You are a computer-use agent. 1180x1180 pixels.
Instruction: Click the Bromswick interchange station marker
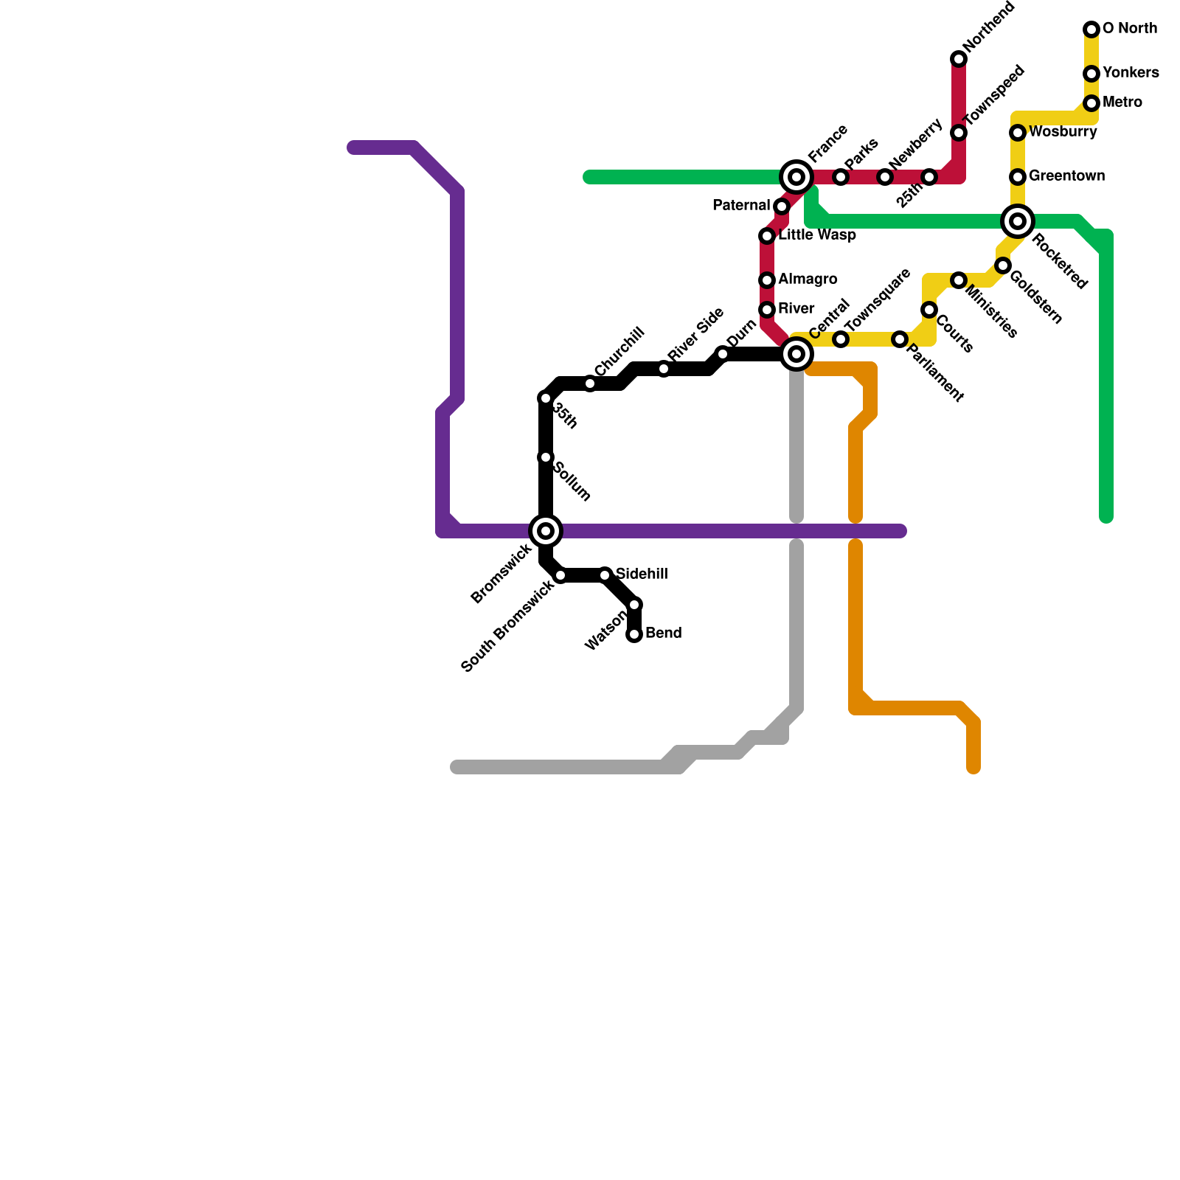coord(546,530)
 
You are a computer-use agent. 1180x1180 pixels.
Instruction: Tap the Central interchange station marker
coord(796,354)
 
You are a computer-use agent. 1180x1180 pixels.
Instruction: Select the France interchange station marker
coord(796,177)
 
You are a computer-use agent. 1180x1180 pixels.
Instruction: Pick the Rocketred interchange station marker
coord(1018,221)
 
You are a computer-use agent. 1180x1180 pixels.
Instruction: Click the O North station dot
coord(1091,29)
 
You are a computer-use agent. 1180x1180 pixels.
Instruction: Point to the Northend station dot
coord(959,59)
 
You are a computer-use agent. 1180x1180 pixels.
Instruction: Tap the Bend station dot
coord(634,634)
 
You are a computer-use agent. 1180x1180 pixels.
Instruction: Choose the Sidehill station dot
coord(605,575)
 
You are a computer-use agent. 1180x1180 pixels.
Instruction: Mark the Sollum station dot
coord(546,457)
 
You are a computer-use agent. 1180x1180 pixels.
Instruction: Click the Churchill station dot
coord(590,383)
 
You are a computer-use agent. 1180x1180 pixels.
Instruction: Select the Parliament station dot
coord(900,339)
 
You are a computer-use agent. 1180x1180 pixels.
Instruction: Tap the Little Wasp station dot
coord(767,236)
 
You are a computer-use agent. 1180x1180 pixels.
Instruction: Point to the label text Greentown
coord(1066,176)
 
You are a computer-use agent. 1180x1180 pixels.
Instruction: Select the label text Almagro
coord(808,280)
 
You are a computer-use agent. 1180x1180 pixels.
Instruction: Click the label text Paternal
coord(741,206)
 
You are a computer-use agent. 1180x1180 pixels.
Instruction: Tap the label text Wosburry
coord(1062,132)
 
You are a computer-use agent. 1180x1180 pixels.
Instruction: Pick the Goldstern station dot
coord(1003,265)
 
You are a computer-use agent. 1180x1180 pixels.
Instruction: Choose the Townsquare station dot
coord(841,339)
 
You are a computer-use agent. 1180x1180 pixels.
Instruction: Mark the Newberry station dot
coord(885,177)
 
